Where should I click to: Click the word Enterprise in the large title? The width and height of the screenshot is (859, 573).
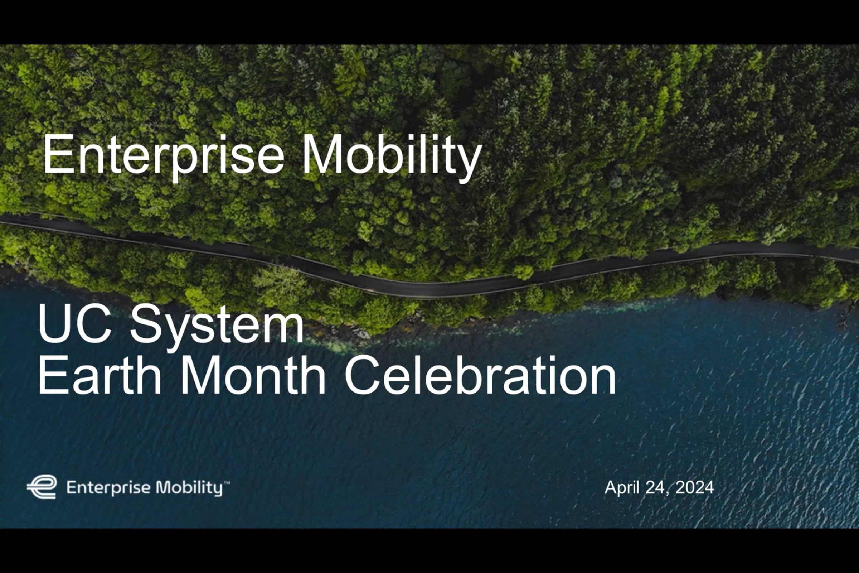tap(163, 155)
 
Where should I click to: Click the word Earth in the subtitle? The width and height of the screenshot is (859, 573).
tap(100, 375)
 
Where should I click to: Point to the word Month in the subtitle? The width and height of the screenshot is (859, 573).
tap(253, 375)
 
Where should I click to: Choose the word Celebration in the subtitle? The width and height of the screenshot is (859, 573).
tap(480, 375)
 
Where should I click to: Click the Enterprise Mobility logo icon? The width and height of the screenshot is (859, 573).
tap(42, 487)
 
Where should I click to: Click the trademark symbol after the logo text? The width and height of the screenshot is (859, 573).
tap(227, 483)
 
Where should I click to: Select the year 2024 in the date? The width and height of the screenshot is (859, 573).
tap(695, 487)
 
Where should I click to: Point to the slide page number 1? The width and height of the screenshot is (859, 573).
tap(823, 511)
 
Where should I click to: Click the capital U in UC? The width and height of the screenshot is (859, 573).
tap(55, 323)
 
